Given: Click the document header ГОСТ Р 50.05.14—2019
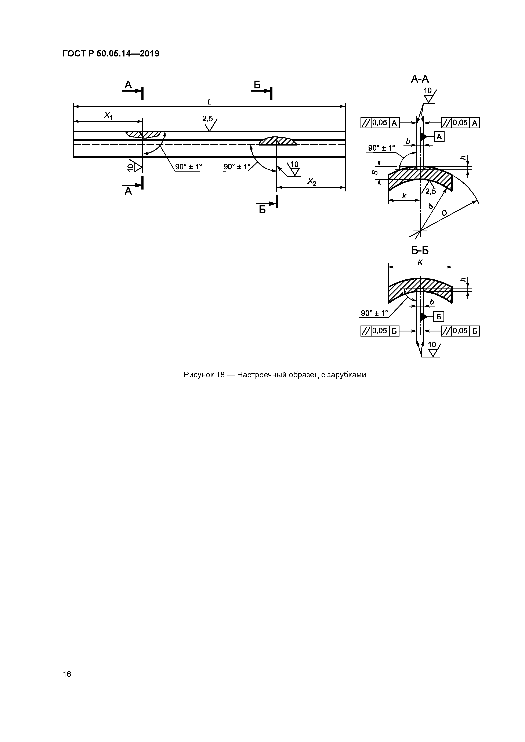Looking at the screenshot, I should tap(111, 54).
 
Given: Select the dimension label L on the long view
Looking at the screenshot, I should tap(209, 102).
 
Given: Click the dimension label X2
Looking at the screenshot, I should tap(311, 182).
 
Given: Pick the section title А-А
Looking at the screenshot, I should tap(420, 79).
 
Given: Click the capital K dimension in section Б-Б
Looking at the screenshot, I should tap(420, 263).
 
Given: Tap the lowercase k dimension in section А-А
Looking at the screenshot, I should tap(404, 196).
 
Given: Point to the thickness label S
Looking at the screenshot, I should tap(375, 172).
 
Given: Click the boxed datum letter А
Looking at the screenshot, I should tap(439, 137).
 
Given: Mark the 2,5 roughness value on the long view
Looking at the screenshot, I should tap(207, 119).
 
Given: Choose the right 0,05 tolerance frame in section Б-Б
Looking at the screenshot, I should tap(460, 331).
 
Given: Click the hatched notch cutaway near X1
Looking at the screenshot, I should tap(144, 134).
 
